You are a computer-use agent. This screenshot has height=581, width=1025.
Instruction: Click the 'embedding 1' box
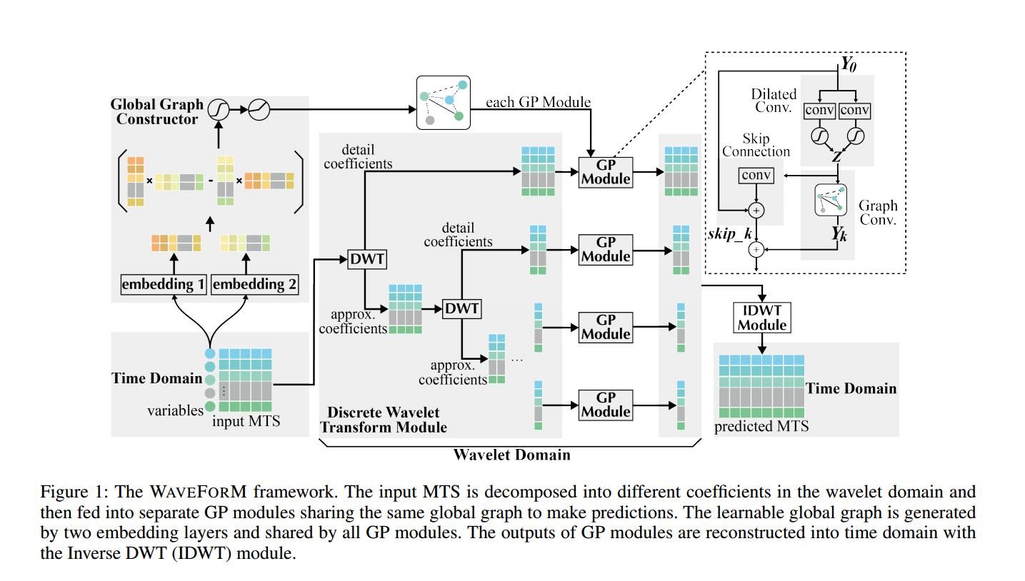click(164, 284)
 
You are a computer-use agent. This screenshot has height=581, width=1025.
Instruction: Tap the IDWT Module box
click(762, 317)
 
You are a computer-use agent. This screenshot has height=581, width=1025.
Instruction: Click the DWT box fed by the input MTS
click(366, 260)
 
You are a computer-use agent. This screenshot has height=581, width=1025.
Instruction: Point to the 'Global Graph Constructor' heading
click(156, 111)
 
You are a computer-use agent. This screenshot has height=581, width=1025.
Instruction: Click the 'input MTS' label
click(246, 422)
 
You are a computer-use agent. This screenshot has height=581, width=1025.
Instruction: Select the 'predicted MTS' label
click(761, 426)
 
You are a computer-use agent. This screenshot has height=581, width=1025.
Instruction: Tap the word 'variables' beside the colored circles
click(175, 410)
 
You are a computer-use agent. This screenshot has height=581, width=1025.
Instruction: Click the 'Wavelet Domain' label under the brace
click(512, 454)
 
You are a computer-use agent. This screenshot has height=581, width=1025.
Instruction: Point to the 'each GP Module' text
click(538, 102)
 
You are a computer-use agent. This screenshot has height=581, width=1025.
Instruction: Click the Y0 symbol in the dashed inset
click(849, 63)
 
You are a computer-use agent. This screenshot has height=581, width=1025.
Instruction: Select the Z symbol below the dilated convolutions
click(836, 157)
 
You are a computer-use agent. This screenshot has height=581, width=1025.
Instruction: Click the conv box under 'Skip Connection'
click(756, 176)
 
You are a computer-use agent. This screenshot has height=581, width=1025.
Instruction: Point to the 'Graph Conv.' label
click(878, 212)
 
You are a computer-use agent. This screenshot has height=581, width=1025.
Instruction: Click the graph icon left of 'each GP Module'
click(443, 103)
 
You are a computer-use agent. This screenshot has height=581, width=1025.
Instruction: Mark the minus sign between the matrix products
click(210, 181)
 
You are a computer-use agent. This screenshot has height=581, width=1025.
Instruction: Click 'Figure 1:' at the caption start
click(70, 492)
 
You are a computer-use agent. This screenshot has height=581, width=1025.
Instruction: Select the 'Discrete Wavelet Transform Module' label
click(384, 420)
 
